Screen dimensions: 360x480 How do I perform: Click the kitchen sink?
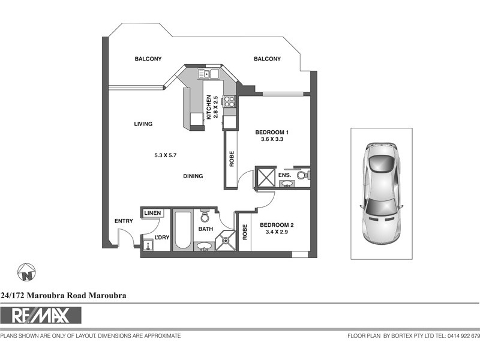207,74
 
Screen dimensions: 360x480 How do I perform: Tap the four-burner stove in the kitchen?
229,101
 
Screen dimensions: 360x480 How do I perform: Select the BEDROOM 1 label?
272,133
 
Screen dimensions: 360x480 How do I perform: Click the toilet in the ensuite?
303,175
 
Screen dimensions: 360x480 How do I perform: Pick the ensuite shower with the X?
265,178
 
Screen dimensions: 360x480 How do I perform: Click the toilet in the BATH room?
205,215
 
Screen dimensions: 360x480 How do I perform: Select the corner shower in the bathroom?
226,240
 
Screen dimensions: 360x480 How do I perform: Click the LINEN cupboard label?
152,213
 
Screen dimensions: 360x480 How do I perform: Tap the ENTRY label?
124,221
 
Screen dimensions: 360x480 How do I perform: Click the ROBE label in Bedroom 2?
245,232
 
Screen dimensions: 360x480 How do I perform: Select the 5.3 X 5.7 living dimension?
165,155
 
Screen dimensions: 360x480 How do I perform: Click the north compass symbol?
26,273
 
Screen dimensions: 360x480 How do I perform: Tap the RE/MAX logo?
41,315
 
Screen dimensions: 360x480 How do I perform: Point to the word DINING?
193,176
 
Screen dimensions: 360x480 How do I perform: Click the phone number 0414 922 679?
463,336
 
